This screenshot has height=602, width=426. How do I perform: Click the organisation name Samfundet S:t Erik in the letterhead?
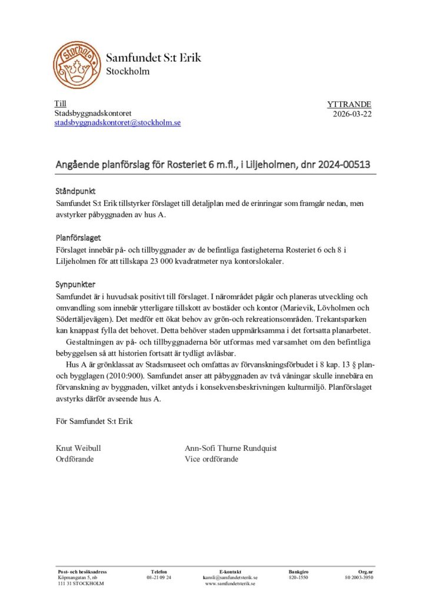point(153,58)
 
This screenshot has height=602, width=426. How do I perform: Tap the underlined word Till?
point(61,104)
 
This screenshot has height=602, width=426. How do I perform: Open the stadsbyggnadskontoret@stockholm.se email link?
point(118,123)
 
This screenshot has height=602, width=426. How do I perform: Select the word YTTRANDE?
point(349,105)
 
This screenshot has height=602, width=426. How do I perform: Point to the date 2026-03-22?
point(352,114)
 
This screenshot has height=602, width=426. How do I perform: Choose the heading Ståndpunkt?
point(75,192)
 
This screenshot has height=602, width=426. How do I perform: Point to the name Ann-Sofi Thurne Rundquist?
point(231,448)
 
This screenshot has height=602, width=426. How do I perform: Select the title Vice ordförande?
point(211,459)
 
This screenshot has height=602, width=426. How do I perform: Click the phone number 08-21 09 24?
point(159,578)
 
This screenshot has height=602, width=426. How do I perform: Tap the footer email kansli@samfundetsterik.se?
point(230,578)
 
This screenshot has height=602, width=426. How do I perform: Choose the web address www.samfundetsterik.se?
point(230,584)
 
